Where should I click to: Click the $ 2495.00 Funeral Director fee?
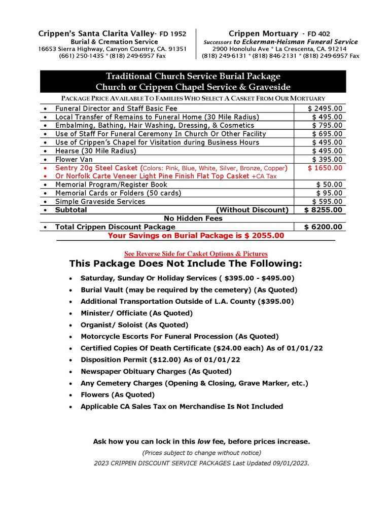point(325,108)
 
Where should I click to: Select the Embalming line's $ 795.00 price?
point(327,125)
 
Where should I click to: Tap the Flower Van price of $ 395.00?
point(327,159)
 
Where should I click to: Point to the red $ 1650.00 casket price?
point(325,168)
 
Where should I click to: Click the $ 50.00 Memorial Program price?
point(329,185)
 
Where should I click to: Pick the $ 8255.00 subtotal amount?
point(323,209)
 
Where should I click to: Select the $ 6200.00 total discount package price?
point(323,227)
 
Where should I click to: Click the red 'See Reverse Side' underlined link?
point(196,253)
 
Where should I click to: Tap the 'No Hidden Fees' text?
point(193,218)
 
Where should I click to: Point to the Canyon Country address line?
point(113,49)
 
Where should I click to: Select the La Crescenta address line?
point(280,49)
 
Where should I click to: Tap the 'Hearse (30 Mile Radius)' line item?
point(95,151)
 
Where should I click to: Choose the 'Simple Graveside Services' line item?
point(100,201)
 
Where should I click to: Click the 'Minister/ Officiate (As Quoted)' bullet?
point(136,313)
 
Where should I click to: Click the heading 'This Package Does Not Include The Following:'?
point(186,264)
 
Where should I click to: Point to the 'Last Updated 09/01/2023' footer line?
point(201,463)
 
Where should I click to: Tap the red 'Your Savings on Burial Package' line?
point(196,235)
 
